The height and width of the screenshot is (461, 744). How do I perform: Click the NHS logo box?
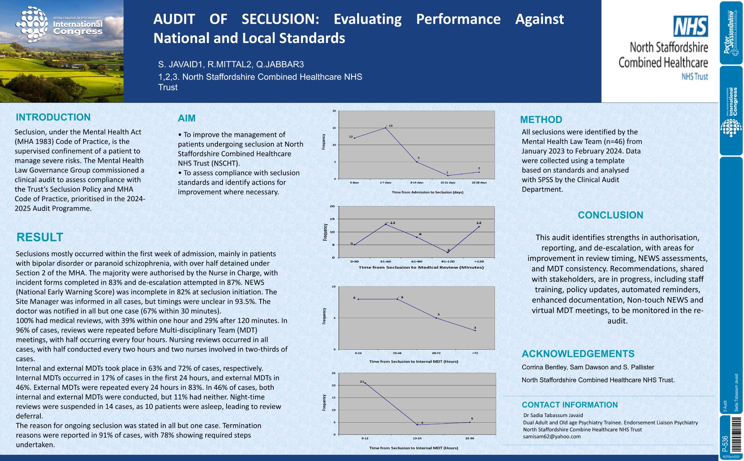(690, 26)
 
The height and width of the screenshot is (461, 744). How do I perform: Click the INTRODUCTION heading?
(53, 117)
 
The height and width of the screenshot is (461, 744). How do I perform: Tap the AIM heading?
(186, 118)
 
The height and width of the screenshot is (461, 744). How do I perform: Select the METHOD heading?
(541, 119)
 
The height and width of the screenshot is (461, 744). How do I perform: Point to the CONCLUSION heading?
(610, 215)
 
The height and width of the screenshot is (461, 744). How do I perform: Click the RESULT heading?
(40, 237)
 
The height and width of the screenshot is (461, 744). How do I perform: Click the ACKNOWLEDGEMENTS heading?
(578, 354)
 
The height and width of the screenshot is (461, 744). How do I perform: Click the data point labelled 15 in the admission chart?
(386, 128)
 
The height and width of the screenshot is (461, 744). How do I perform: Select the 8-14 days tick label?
(416, 183)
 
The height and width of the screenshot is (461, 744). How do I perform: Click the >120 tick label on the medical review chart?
(479, 261)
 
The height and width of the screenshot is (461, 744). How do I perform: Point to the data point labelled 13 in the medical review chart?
(386, 224)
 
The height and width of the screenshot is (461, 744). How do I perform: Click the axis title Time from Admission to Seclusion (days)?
(427, 192)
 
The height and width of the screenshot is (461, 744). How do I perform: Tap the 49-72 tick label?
(436, 353)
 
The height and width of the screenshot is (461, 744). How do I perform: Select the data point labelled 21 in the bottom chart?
(365, 383)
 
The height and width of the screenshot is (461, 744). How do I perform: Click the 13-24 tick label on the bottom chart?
(417, 438)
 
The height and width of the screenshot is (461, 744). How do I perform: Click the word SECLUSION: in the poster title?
(280, 19)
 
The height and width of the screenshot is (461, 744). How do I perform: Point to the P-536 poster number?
(725, 443)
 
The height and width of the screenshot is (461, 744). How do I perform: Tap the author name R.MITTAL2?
(230, 64)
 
